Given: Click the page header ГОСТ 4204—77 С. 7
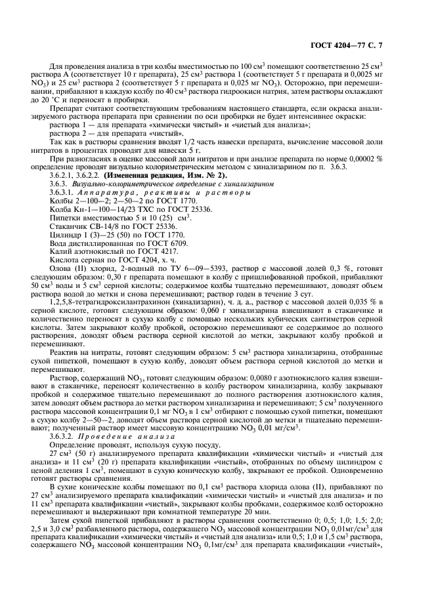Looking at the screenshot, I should point(371,43).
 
